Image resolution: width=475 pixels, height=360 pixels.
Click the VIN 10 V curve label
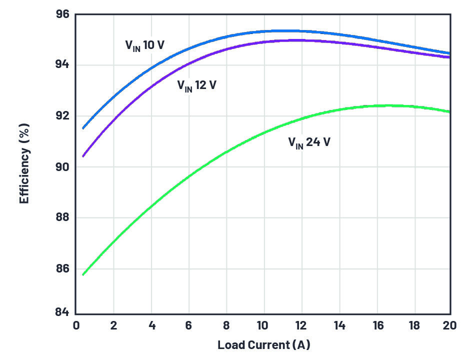[x=144, y=45]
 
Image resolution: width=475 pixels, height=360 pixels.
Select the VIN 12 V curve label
[x=196, y=85]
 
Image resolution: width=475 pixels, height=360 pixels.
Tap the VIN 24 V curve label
[x=308, y=142]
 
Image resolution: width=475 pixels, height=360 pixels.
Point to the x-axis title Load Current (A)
[x=263, y=345]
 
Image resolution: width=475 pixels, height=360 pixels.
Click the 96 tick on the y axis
[x=61, y=14]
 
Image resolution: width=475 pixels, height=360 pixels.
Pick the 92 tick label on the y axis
[x=61, y=116]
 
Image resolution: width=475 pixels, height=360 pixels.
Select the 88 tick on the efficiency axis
[x=61, y=218]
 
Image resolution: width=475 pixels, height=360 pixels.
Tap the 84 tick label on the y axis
[x=61, y=312]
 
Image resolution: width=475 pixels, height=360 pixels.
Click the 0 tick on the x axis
[x=75, y=325]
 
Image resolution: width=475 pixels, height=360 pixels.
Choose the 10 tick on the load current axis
[x=262, y=325]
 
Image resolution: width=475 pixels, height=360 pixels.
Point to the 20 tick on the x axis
[x=449, y=325]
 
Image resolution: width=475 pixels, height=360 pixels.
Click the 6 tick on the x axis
[x=188, y=325]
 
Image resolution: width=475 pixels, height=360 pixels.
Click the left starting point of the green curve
[x=83, y=274]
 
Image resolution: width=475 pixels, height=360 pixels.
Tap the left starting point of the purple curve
[x=83, y=156]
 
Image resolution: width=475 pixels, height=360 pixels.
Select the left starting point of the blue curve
[x=83, y=128]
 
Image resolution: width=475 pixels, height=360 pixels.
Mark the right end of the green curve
[x=449, y=111]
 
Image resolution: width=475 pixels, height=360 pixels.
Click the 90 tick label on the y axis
[x=61, y=167]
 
